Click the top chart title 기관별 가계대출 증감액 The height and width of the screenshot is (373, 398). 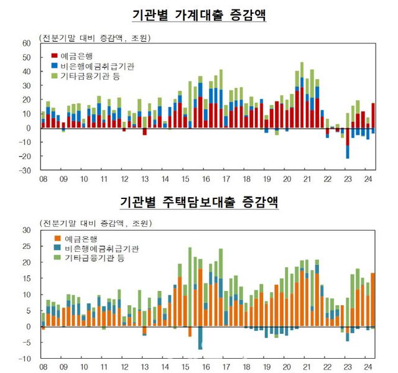click(199, 14)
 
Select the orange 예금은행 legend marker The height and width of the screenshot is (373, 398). click(55, 239)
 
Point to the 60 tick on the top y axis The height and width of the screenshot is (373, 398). click(26, 43)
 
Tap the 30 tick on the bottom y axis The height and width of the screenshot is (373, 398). click(26, 230)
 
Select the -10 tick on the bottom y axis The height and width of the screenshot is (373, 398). click(25, 359)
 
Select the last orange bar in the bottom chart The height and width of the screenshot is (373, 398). click(373, 300)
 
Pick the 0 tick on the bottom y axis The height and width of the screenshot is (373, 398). click(28, 326)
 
